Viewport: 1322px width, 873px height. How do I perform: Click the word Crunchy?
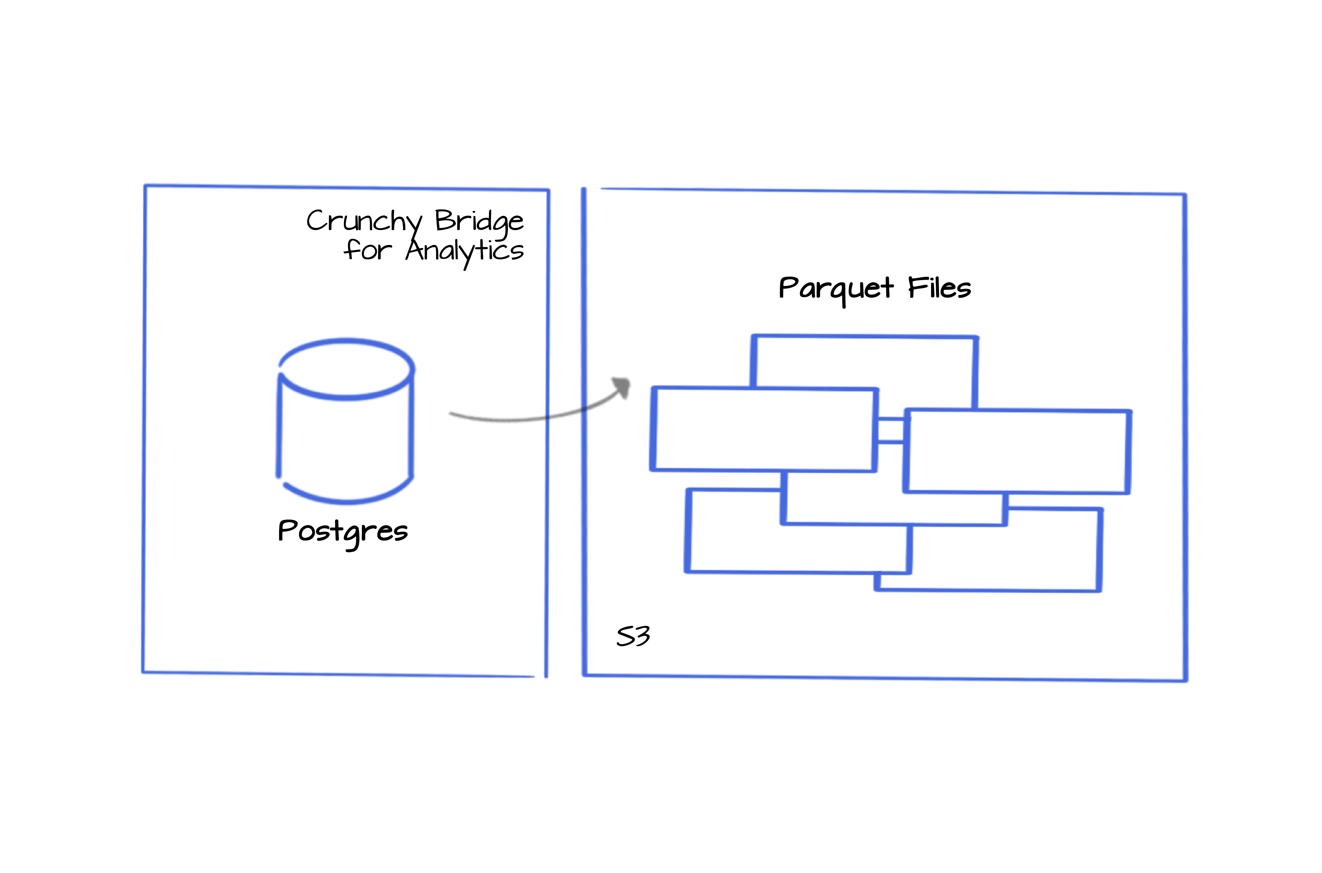click(365, 222)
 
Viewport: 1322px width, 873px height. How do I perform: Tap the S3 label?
click(633, 636)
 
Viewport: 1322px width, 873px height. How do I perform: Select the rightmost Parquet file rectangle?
click(1018, 451)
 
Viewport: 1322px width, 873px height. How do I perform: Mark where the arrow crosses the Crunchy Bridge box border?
click(547, 416)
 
